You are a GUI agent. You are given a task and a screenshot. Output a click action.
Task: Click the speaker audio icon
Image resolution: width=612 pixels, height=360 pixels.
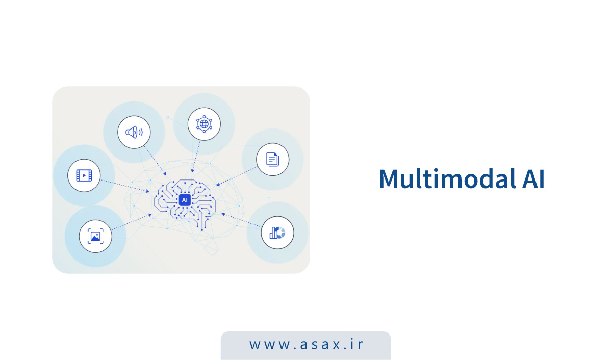coord(134,132)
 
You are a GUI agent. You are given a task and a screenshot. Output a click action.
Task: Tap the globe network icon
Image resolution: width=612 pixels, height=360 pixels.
coord(204,124)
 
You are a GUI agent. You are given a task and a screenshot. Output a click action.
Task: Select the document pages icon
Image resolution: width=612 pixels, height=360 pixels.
coord(272,159)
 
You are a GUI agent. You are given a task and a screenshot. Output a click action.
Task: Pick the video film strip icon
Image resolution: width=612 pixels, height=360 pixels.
coord(84,175)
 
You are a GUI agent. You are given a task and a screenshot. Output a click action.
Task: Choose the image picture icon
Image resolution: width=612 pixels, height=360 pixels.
coord(95,236)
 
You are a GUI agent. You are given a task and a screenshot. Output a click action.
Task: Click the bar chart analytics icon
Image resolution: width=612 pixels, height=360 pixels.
coord(277,233)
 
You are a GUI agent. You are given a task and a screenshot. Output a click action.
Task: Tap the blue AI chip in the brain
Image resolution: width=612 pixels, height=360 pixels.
coord(185,200)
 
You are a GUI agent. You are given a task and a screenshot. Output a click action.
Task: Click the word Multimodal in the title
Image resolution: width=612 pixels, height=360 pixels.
coord(447,178)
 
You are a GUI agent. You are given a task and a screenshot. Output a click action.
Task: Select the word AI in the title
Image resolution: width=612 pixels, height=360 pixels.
coord(533,178)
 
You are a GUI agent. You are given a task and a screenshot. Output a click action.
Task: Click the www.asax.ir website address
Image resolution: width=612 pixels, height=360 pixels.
coord(306,344)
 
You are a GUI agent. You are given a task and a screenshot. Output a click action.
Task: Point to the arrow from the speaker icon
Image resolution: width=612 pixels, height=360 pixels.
coord(155,161)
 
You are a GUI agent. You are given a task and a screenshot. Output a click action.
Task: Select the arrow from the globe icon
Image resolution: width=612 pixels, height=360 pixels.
coord(196,157)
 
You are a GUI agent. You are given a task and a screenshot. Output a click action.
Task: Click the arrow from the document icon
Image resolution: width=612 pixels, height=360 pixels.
coord(237,176)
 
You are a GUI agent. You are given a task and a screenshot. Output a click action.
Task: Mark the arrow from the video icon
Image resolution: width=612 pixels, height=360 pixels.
coord(125,186)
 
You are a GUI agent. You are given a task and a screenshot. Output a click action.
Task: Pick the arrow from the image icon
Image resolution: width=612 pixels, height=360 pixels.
coord(132,222)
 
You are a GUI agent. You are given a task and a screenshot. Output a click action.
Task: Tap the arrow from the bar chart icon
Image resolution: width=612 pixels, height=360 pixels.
coord(242,220)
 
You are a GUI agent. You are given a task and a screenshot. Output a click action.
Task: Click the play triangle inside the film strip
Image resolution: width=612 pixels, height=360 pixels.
coord(85,175)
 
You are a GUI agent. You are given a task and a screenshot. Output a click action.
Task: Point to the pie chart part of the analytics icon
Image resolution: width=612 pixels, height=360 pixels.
coord(282,233)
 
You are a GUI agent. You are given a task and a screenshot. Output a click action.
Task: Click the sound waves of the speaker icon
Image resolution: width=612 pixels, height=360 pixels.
coord(141,132)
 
